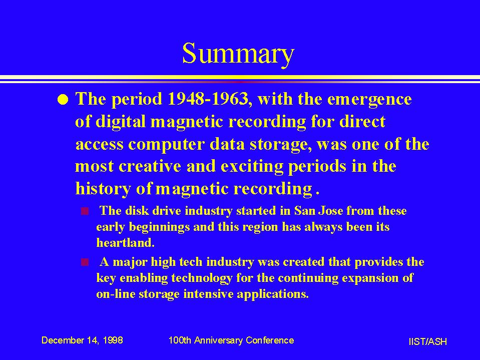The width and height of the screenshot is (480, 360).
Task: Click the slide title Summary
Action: pos(238,54)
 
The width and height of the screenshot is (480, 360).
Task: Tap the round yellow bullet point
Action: pos(63,100)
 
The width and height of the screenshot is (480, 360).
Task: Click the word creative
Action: pos(150,166)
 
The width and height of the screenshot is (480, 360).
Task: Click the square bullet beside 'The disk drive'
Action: pos(85,211)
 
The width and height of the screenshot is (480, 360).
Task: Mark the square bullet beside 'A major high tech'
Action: pos(85,262)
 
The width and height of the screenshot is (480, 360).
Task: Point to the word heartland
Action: pos(125,243)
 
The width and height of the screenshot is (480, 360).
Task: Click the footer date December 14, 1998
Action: pos(82,340)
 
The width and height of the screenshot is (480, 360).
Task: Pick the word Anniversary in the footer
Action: pos(218,340)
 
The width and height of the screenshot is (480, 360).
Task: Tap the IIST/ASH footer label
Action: pos(427,341)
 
